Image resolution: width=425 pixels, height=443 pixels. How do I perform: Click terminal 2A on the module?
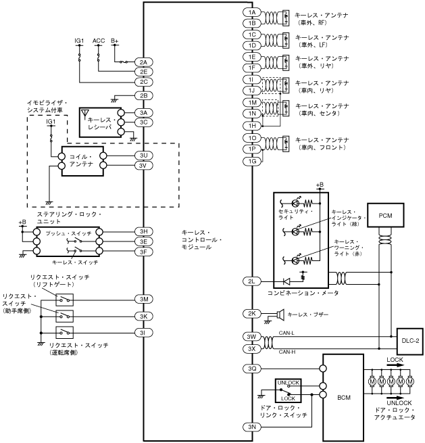click(x=144, y=62)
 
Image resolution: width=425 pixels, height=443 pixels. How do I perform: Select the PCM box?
click(x=386, y=215)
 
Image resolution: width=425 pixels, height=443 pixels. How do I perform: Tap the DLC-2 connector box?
click(x=410, y=341)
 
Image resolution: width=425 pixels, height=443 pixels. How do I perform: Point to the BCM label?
click(x=344, y=398)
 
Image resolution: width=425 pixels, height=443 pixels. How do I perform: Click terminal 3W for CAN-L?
click(x=251, y=337)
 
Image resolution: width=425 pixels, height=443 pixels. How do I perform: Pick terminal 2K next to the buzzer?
click(x=252, y=313)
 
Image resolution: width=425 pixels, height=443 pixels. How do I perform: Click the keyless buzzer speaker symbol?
click(x=280, y=314)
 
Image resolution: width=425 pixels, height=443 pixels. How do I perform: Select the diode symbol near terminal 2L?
click(x=286, y=281)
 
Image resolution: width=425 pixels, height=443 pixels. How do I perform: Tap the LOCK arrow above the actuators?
click(x=395, y=365)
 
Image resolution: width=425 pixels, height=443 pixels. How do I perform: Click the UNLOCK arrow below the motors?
click(x=395, y=398)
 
